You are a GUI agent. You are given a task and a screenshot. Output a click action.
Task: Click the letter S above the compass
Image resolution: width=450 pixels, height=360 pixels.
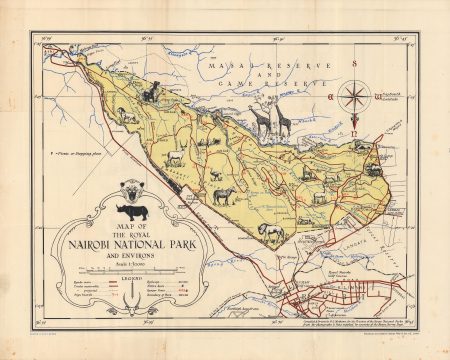(x=353, y=63)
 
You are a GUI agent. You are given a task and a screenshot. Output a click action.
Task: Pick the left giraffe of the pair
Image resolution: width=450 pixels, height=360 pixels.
(x=261, y=118)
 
